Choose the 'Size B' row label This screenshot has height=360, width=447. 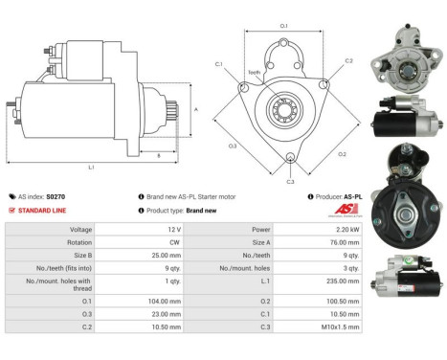(81, 257)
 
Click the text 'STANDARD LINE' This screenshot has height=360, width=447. (42, 210)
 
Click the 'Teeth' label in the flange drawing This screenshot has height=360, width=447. (254, 73)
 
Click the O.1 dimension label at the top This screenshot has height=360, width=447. (283, 25)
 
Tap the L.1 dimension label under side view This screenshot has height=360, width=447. (90, 167)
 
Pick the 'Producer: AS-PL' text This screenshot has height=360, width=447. (337, 195)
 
